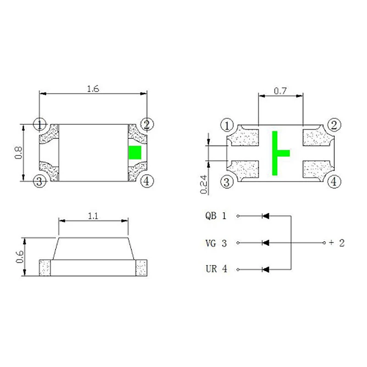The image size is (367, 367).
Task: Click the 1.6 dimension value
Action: (93, 89)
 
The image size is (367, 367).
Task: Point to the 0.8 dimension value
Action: (18, 153)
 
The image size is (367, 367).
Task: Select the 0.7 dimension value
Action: (280, 91)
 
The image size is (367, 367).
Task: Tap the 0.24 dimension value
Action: (204, 184)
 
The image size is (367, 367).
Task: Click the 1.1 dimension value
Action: (93, 216)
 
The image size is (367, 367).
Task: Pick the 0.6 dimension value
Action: (20, 257)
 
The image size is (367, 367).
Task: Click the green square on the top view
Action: (135, 153)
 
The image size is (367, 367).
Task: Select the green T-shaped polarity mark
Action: (281, 153)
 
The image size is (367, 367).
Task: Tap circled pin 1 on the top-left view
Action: (40, 124)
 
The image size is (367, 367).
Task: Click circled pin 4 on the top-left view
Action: (147, 181)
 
